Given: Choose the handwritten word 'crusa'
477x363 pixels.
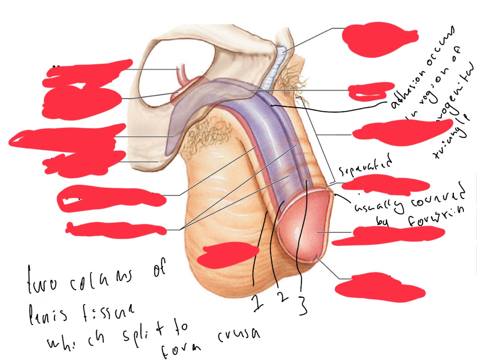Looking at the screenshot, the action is pos(238,335).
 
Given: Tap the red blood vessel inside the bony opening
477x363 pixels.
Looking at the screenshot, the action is pos(182,77).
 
